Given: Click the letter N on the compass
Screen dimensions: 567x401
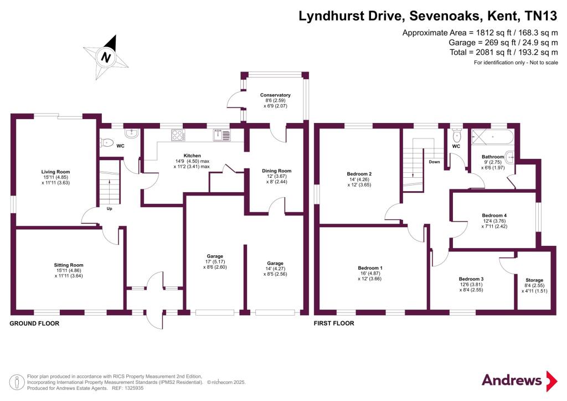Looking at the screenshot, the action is click(106, 57).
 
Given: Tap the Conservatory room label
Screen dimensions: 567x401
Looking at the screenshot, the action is click(275, 95).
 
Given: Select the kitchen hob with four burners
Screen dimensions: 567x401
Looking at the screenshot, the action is click(178, 135).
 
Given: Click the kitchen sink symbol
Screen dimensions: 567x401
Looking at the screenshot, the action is click(221, 135).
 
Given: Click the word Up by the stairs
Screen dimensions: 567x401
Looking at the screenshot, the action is click(109, 209).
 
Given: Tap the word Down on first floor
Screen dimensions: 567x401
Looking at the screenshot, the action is click(434, 162).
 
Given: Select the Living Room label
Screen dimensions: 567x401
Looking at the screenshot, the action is click(55, 172).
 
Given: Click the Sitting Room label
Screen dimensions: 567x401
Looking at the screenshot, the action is click(68, 265).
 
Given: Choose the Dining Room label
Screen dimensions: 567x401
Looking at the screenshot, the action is click(277, 171).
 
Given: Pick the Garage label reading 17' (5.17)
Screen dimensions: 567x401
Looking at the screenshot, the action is click(215, 261).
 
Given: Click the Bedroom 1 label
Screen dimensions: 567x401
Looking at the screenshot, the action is click(370, 268).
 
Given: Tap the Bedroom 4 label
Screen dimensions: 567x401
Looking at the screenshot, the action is click(494, 215).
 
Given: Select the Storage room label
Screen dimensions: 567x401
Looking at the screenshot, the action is click(534, 280).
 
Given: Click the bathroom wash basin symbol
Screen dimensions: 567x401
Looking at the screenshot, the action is click(510, 157).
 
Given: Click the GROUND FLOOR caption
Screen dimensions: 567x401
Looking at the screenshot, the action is click(34, 323).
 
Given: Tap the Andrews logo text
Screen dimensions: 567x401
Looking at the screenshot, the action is click(512, 380).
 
